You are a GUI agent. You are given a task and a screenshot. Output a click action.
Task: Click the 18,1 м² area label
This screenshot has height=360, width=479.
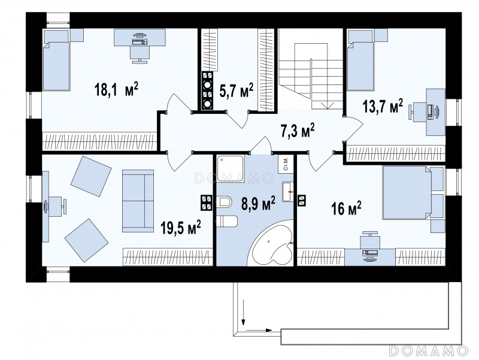point(117,89)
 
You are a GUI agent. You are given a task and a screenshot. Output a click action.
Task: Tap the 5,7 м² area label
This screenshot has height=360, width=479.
point(237,90)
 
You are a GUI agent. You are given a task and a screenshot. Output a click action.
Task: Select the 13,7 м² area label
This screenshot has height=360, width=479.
point(383,106)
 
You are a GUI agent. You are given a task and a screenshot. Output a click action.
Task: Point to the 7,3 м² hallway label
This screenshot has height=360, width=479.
point(297,131)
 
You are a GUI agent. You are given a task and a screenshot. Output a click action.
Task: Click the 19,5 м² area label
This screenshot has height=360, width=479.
point(181,228)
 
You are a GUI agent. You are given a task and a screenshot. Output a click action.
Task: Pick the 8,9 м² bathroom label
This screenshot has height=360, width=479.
point(258,204)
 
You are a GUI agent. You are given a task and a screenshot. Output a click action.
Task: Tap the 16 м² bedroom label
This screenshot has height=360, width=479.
point(347,208)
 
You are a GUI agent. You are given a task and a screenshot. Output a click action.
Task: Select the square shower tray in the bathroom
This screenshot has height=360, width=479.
point(231,169)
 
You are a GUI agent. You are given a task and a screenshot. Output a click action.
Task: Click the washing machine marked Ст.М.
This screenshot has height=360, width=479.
point(286,164)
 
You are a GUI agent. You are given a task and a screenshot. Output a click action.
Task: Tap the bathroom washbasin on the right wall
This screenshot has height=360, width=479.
point(288,192)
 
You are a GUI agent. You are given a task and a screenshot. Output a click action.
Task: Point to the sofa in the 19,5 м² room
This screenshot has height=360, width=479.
point(138,201)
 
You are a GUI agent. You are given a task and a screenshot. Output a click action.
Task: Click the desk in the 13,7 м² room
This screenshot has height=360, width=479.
point(436,112)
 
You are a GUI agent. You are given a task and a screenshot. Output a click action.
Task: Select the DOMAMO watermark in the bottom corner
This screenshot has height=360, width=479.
point(429,350)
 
